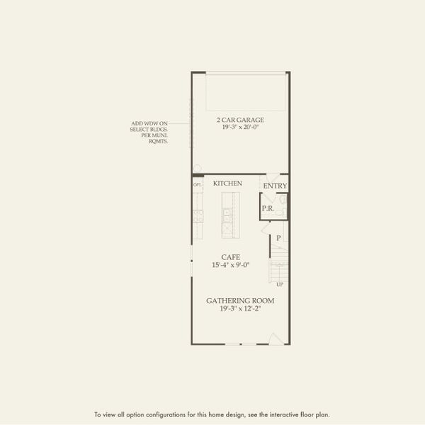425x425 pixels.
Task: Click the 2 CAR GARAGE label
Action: (240, 120)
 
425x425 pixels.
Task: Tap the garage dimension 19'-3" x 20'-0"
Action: (240, 128)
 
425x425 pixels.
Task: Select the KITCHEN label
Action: (227, 183)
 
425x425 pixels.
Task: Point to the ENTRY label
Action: (275, 186)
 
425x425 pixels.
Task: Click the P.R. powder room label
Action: (268, 208)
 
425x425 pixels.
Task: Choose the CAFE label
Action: (230, 257)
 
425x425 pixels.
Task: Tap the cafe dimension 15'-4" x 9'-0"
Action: (230, 266)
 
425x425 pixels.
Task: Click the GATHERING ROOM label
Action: (240, 300)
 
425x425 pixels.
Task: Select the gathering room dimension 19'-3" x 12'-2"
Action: (240, 309)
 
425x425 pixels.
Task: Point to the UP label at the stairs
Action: (280, 285)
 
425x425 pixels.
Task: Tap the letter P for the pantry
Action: (278, 238)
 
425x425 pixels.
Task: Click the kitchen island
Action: (229, 216)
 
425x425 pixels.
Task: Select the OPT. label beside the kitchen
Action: (198, 185)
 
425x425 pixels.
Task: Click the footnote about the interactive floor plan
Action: (212, 414)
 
